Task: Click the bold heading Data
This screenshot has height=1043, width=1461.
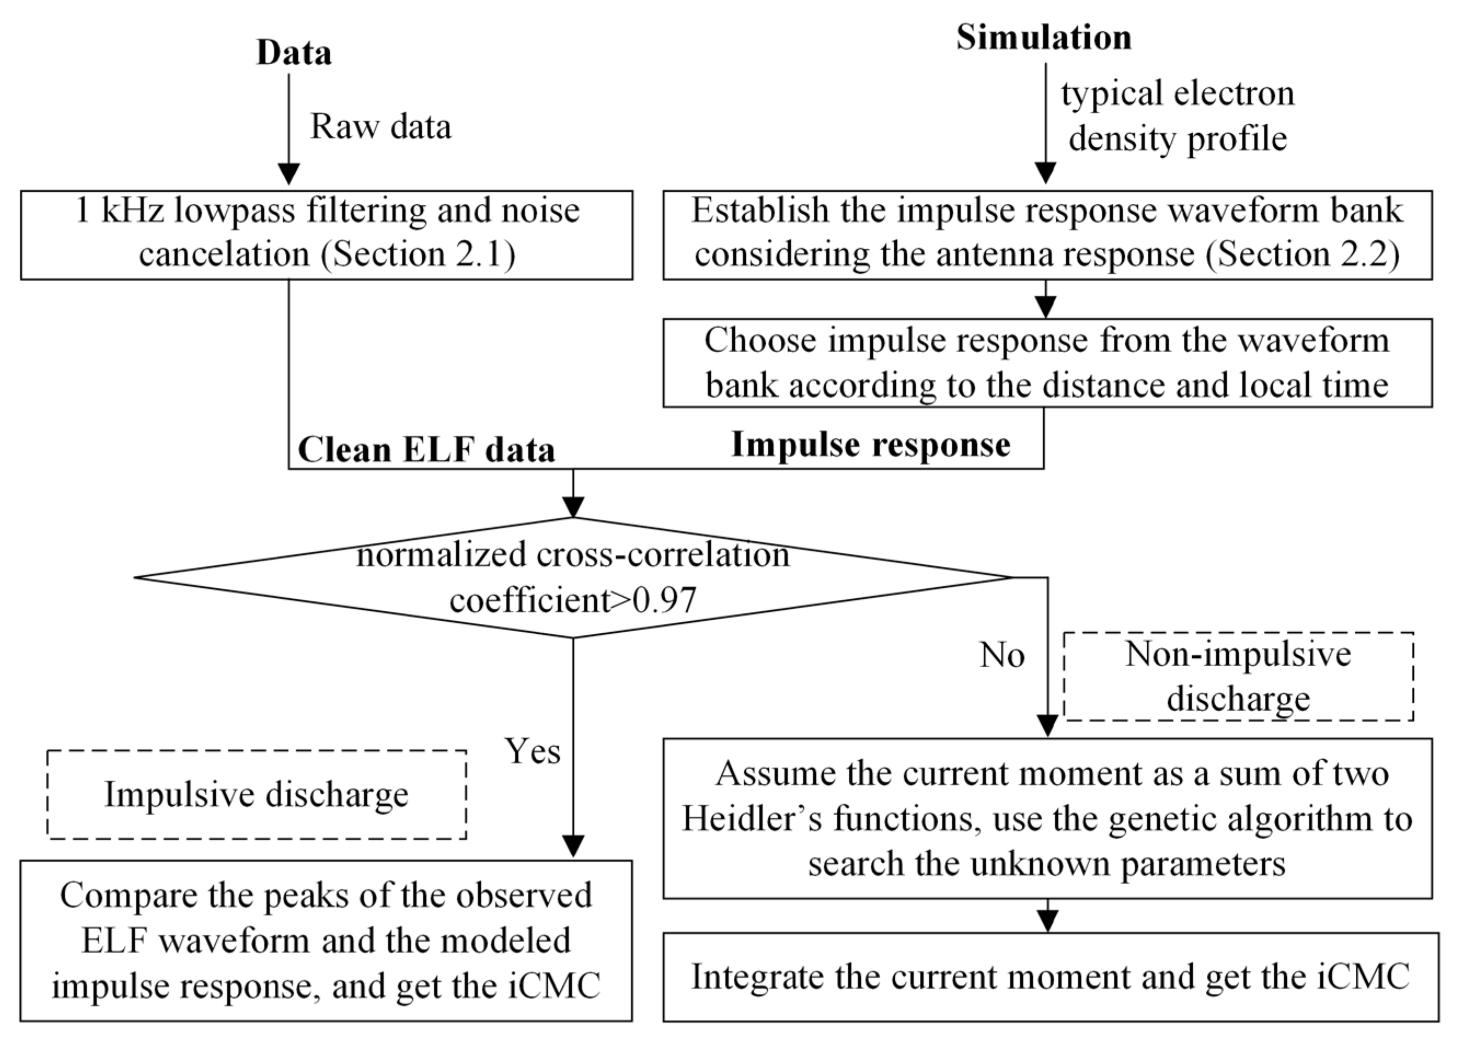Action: (294, 53)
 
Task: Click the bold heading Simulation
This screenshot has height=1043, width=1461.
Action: (1044, 37)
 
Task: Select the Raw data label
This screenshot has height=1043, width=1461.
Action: (381, 127)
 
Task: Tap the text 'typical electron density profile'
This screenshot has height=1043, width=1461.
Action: (1177, 116)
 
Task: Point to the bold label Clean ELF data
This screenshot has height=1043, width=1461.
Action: (426, 450)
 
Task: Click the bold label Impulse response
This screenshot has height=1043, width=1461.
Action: (871, 444)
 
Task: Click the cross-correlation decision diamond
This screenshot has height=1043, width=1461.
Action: (573, 577)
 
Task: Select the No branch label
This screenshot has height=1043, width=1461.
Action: (1002, 656)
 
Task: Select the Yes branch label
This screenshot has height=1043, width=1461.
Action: (532, 751)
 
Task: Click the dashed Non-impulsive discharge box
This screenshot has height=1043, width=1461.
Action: (1238, 677)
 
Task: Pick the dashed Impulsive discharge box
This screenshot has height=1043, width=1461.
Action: (256, 794)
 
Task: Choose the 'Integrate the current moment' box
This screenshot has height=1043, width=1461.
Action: (1050, 977)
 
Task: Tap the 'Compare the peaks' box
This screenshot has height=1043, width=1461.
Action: (326, 940)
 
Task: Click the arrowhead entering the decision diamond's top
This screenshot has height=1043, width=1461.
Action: (573, 507)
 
